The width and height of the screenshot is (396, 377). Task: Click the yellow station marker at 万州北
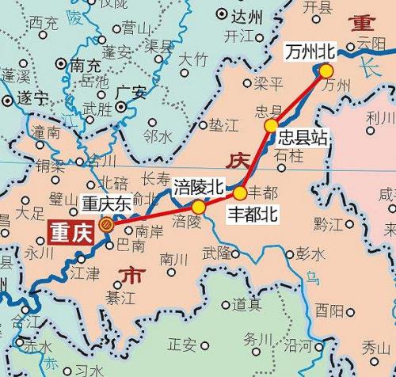coord(326,70)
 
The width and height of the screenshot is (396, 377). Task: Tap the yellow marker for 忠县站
coord(272,126)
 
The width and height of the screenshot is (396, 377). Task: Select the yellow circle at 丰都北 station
coord(239,192)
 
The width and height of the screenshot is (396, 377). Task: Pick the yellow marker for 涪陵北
coord(199,207)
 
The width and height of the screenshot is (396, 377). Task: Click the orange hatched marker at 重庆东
coord(106,225)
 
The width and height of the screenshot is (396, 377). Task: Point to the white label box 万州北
coord(311,53)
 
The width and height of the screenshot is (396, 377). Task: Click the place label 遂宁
coord(33,100)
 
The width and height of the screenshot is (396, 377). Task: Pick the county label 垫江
coord(223,125)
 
